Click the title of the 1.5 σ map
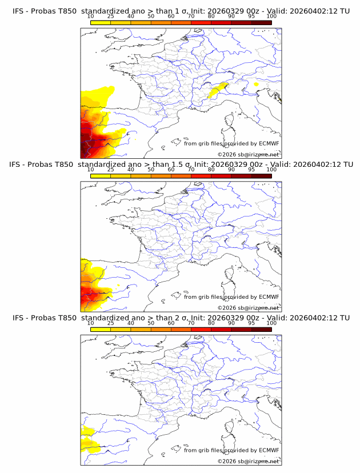(x=181, y=164)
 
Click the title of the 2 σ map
(x=181, y=317)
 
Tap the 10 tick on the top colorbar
(x=91, y=17)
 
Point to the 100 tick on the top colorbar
(x=271, y=17)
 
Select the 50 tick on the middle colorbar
(x=151, y=170)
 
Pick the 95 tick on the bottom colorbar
(x=251, y=323)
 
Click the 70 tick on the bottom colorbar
(x=191, y=323)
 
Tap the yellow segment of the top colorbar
(x=101, y=22)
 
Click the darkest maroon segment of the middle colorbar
(x=261, y=175)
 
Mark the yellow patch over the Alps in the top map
(x=217, y=90)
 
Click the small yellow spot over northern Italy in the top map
(x=257, y=85)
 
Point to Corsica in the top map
(x=230, y=122)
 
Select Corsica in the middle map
(x=230, y=275)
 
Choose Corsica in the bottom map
(x=230, y=428)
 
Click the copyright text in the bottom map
(x=248, y=461)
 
